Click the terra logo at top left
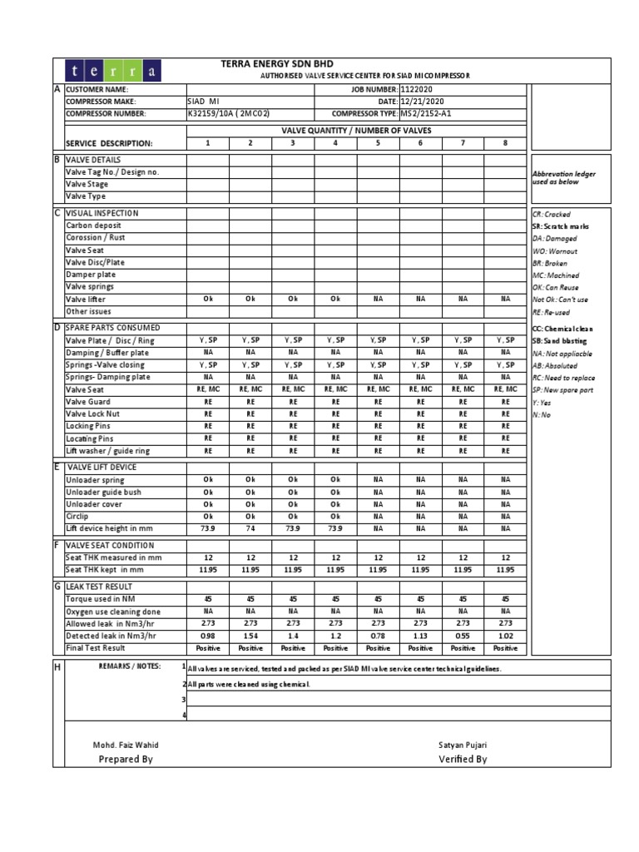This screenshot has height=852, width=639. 125,71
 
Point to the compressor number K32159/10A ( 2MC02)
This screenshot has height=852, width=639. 229,114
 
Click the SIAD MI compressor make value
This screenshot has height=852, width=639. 202,102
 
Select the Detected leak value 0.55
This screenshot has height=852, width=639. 463,636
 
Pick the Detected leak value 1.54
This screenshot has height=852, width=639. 250,636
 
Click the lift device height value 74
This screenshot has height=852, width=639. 250,528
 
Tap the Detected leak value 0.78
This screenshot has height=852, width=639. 378,636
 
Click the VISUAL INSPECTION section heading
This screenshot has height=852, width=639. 102,213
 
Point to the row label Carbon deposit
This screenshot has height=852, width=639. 93,225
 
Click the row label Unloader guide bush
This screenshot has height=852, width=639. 103,493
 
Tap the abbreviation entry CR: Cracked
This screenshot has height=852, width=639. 552,215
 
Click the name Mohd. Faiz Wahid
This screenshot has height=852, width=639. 126,745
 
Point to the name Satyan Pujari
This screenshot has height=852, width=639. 462,745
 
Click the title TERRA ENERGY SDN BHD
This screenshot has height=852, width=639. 276,64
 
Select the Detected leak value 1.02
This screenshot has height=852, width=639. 505,636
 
